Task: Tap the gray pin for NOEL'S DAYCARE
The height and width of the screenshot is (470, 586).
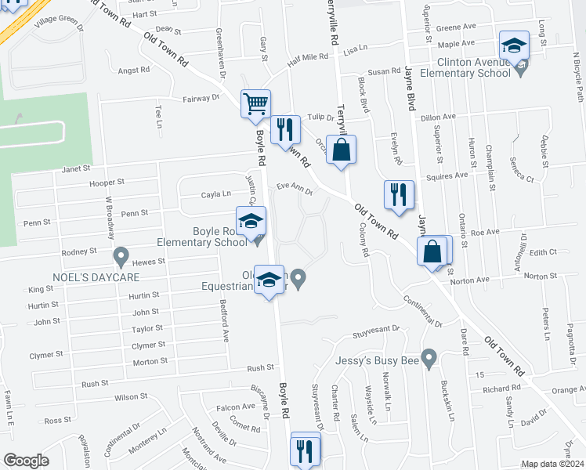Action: coord(121,255)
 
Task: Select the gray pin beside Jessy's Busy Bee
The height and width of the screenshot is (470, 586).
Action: coord(428,359)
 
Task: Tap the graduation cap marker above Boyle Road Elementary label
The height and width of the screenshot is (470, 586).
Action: coord(251,222)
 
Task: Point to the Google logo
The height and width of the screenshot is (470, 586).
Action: coord(26,461)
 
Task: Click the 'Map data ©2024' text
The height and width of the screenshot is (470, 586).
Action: coord(552,464)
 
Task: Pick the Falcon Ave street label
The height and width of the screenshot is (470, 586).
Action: coord(236,407)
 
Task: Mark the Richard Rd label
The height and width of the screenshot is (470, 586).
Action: coord(501,389)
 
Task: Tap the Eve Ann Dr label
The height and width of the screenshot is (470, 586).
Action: coord(295,188)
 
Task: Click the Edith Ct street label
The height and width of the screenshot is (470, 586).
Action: coord(542,252)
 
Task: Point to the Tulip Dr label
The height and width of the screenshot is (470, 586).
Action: coord(320,117)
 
